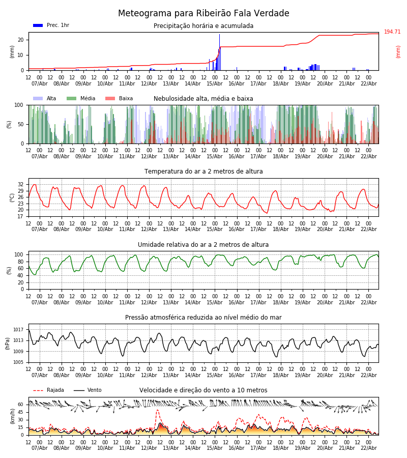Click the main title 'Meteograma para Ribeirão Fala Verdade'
click(x=203, y=14)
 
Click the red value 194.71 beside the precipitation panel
click(x=392, y=32)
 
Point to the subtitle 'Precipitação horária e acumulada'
click(x=203, y=26)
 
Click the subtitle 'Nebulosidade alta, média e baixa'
click(x=203, y=99)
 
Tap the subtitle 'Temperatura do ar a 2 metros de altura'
click(x=203, y=171)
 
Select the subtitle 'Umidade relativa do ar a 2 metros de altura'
click(x=203, y=245)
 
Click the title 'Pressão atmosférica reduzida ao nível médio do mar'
click(x=203, y=318)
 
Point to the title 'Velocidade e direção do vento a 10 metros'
click(x=203, y=390)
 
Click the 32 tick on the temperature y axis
click(x=20, y=184)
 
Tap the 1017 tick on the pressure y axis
click(x=19, y=330)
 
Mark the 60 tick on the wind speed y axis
click(x=20, y=405)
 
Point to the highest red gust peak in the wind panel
click(x=157, y=410)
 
